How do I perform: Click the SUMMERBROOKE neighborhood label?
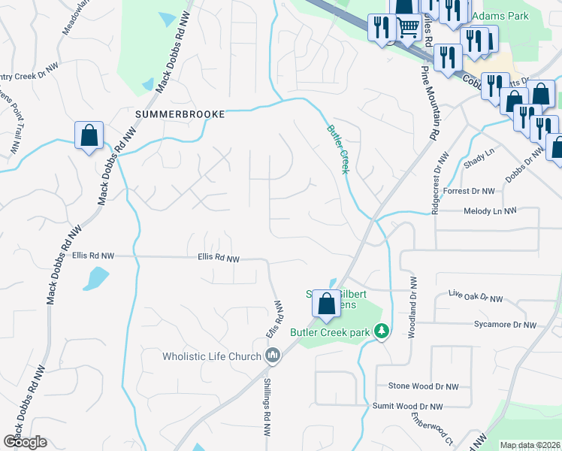coord(180,114)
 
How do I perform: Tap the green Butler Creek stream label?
coord(337,149)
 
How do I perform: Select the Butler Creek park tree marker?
coord(382,331)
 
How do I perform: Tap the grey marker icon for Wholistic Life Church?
coord(273,356)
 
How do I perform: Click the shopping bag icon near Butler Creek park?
coord(327,304)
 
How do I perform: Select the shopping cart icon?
coord(407,28)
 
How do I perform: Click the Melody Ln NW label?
coord(490,212)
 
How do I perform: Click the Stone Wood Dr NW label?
coord(423,386)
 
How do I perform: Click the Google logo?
coord(25,442)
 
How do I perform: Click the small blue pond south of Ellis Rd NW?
coord(96,279)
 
